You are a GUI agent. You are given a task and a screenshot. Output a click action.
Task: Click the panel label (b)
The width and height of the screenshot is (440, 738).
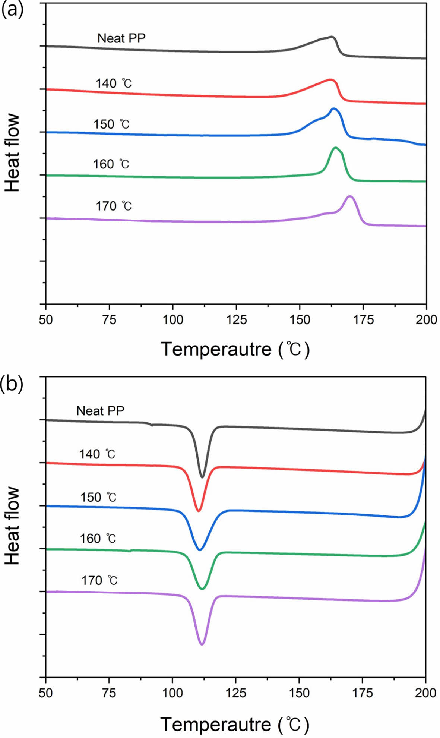[x=12, y=384]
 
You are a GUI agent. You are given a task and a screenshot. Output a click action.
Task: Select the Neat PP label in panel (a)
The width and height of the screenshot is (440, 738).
[x=121, y=38]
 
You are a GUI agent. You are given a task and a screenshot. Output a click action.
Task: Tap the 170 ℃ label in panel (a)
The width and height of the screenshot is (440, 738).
[x=114, y=206]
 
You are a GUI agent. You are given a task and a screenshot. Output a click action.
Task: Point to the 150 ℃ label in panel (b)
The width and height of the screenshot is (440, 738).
[x=98, y=497]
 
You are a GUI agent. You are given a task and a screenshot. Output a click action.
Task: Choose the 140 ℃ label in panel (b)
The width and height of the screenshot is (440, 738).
[x=97, y=454]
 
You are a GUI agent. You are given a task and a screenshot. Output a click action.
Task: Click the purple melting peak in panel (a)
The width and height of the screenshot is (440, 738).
[x=350, y=196]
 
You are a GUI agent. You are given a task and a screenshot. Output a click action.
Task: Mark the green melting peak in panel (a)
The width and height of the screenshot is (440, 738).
[x=336, y=148]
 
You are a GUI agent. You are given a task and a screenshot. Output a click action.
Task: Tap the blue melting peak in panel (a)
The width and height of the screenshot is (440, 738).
[x=333, y=109]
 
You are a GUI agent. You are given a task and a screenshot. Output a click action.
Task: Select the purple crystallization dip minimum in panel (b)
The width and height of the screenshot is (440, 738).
[x=202, y=644]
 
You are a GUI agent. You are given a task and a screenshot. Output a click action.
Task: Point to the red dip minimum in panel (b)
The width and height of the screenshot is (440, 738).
[x=199, y=511]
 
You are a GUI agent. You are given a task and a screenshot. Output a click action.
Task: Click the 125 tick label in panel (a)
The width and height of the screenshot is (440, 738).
[x=236, y=319]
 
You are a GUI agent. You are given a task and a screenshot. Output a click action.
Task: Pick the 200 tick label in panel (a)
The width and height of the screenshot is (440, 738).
[x=426, y=319]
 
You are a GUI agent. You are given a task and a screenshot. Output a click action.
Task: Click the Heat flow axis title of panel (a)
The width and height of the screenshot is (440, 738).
[x=12, y=153]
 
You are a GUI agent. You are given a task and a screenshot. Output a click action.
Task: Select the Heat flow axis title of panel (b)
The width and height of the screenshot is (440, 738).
[x=12, y=526]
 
